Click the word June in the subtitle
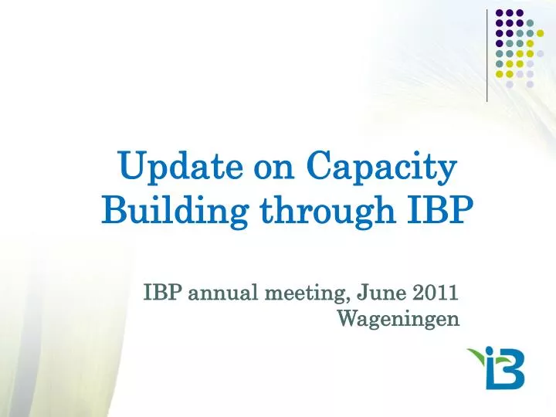tap(375, 293)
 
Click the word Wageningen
tap(399, 317)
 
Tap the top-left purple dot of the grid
tap(500, 13)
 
